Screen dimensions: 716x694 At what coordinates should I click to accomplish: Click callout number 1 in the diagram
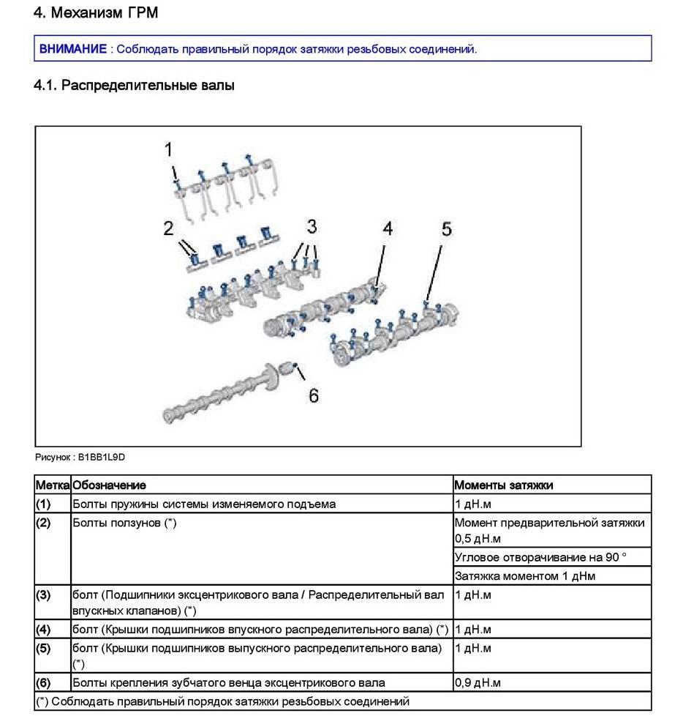pos(169,150)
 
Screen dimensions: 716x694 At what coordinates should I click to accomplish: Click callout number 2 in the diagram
pos(169,229)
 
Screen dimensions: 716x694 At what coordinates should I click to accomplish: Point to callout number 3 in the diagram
pos(312,225)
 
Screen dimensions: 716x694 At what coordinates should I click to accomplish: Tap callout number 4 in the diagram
pos(388,228)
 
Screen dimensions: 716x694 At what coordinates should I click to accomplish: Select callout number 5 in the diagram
pos(446,229)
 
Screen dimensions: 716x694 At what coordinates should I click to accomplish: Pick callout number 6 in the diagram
pos(313,395)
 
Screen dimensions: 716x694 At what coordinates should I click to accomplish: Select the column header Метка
pos(52,485)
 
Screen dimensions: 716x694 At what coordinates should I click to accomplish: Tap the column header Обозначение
pos(109,485)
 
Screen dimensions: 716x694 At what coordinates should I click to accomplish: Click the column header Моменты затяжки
pos(504,485)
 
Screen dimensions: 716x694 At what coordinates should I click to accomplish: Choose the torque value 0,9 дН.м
pos(478,683)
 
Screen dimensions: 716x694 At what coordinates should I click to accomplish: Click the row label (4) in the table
pos(43,629)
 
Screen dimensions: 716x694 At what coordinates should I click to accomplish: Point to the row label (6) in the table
pos(43,683)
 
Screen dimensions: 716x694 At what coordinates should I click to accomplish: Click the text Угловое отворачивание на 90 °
pos(540,557)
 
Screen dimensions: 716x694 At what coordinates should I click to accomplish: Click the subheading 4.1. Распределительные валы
pos(134,86)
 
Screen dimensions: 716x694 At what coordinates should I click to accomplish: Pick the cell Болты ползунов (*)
pos(124,523)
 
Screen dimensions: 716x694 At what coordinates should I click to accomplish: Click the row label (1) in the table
pos(43,504)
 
